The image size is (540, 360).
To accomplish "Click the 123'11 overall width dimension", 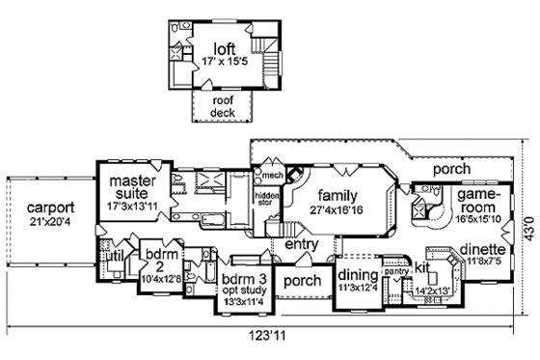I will [269, 339].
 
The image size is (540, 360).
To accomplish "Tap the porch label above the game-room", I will [451, 169].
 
